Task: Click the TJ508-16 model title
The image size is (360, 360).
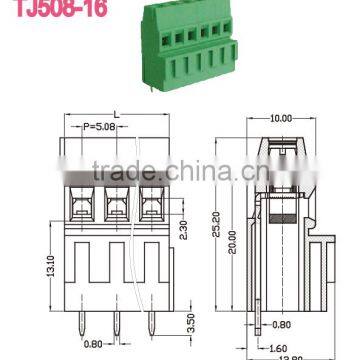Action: pyautogui.click(x=40, y=7)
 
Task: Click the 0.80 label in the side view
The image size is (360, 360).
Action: pyautogui.click(x=282, y=324)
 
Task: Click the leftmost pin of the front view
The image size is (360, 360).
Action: pyautogui.click(x=76, y=322)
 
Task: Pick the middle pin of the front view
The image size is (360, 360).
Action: pyautogui.click(x=115, y=322)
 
